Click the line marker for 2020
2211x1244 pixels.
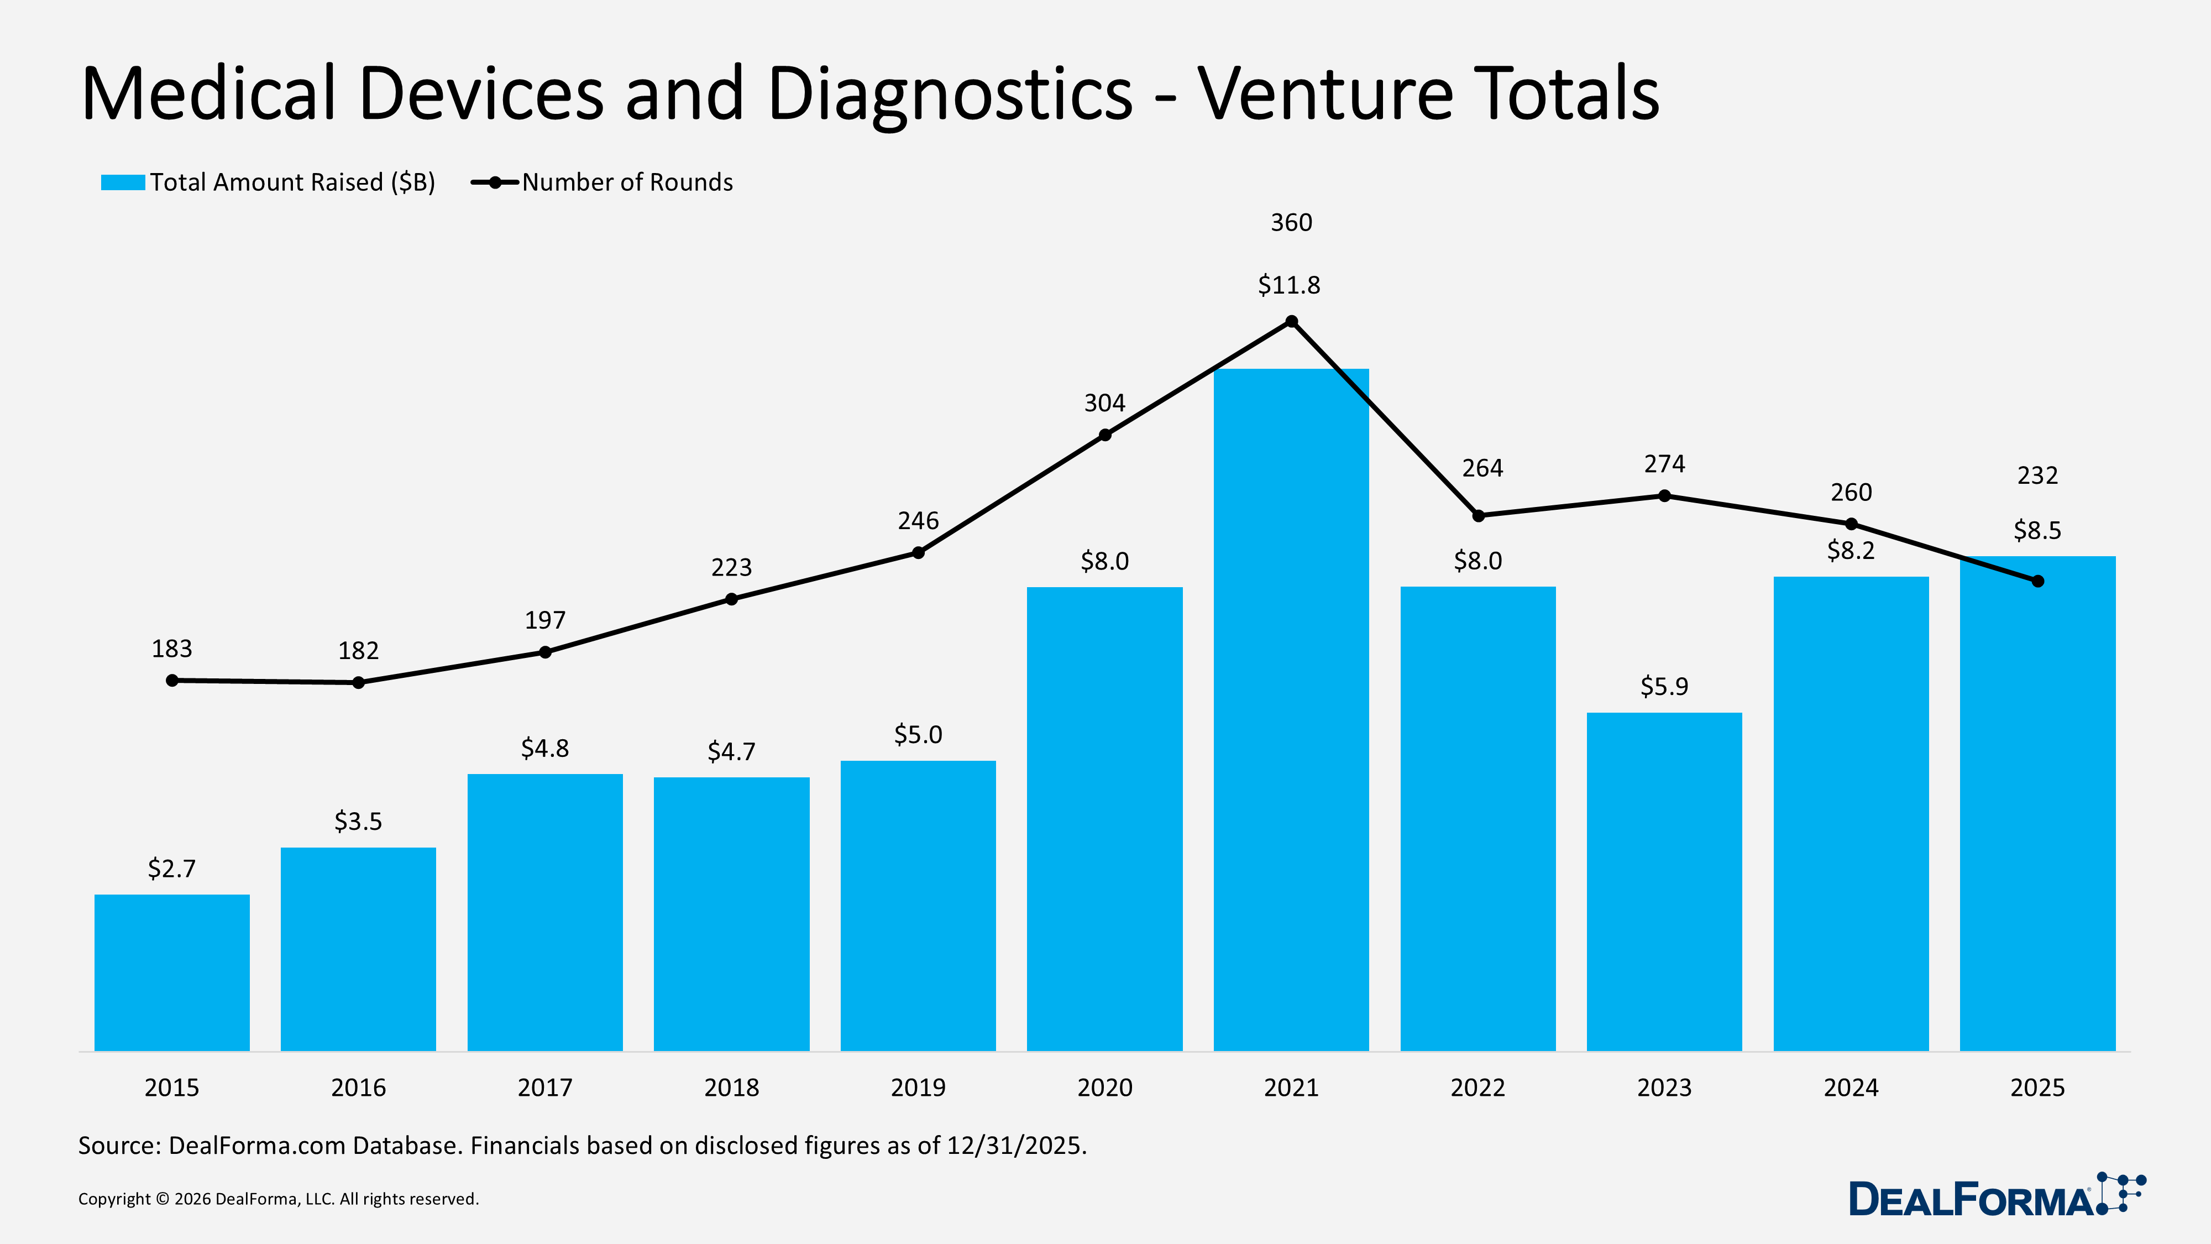click(x=1104, y=435)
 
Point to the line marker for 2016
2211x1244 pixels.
click(x=359, y=682)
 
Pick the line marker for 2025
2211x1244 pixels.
click(x=2037, y=581)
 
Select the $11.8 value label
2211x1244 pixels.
click(x=1288, y=285)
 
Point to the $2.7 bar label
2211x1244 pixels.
click(x=172, y=869)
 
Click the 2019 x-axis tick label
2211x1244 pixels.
click(x=918, y=1088)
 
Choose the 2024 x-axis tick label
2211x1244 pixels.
click(x=1851, y=1088)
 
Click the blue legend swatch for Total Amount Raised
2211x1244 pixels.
click(x=123, y=182)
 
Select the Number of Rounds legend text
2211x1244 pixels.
click(x=627, y=182)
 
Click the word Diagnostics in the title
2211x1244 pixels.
click(x=949, y=95)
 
